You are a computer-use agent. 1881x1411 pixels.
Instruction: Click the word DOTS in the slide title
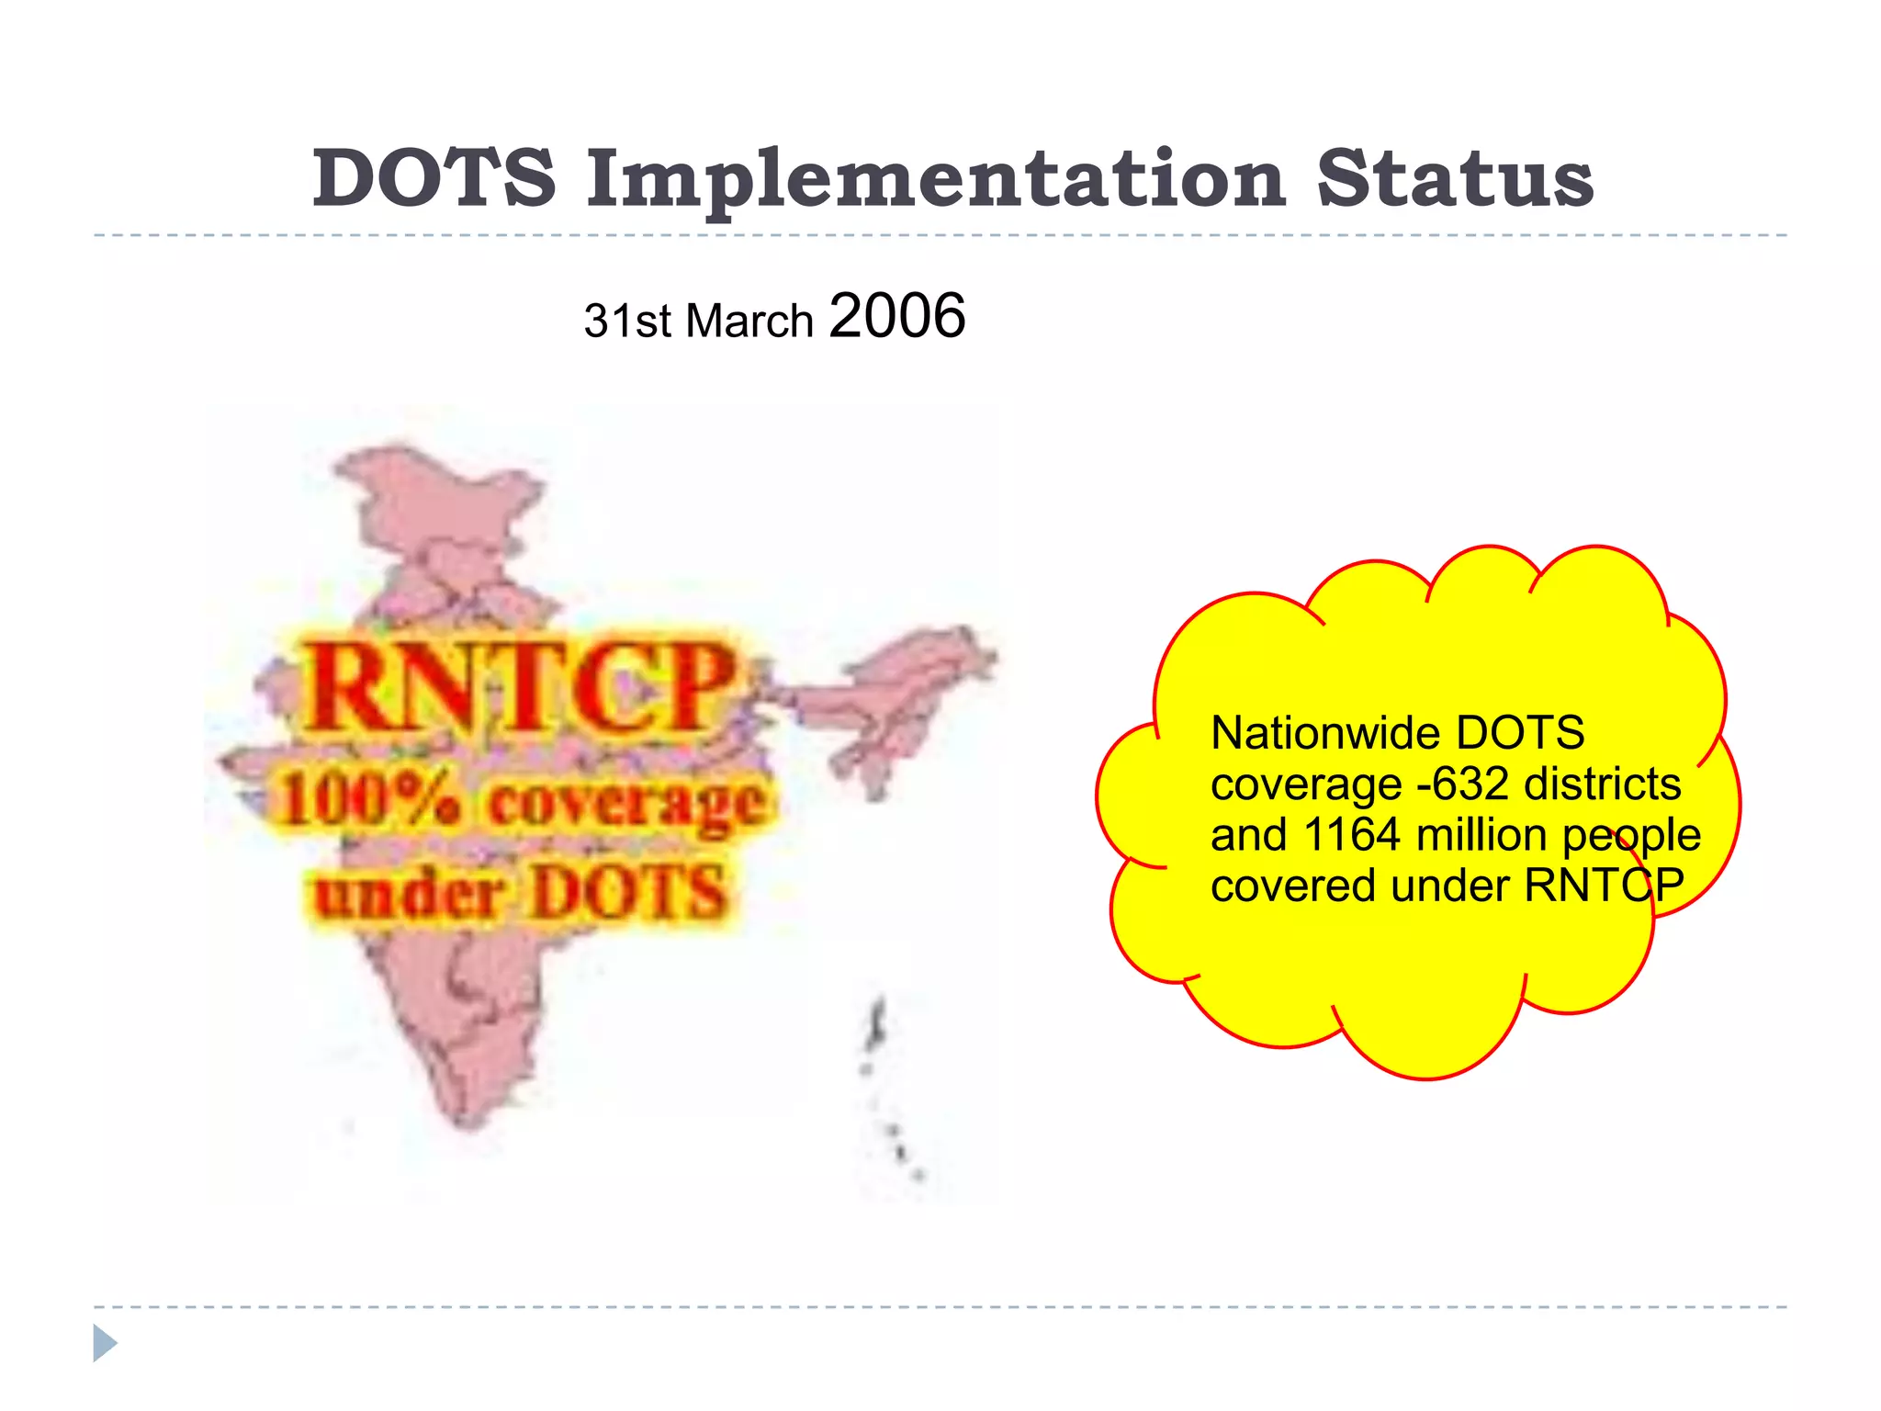tap(434, 178)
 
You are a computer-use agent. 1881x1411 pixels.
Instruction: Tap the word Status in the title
tap(1455, 178)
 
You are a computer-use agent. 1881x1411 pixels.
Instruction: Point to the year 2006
tap(896, 316)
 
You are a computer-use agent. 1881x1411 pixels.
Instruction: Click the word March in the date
tap(749, 322)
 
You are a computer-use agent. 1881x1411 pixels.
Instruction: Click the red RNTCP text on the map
tap(520, 687)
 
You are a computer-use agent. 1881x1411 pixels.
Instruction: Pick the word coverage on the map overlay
tap(626, 803)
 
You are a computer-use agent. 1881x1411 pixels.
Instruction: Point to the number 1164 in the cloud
tap(1351, 835)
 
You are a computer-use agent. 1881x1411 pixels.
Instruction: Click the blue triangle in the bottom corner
tap(105, 1343)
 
